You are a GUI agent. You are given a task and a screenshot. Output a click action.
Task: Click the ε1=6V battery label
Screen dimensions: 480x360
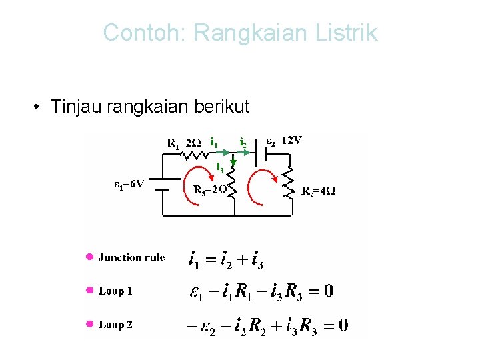tap(129, 185)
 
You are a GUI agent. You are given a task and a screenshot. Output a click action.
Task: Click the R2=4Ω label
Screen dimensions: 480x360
tap(318, 191)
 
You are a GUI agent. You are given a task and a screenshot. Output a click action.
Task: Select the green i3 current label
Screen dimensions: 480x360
tap(219, 165)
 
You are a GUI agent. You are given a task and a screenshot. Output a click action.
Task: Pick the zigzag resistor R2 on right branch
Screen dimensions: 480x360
tap(289, 183)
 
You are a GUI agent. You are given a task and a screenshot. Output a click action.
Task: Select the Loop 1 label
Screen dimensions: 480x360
tap(115, 291)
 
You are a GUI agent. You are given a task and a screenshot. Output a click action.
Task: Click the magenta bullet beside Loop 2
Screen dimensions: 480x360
tap(89, 325)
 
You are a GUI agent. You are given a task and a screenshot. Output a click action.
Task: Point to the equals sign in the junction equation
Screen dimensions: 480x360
tap(212, 259)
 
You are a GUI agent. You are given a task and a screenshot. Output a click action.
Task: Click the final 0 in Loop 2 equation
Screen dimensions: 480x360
tap(342, 325)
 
